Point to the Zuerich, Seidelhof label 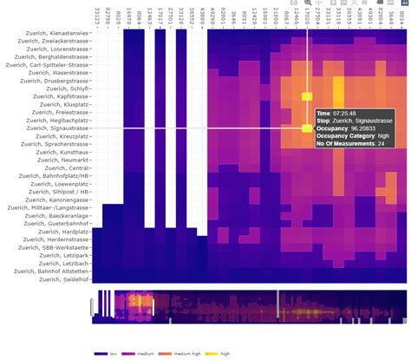69,280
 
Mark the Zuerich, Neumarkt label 69,160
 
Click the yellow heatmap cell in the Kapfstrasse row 306,96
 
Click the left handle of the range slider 92,306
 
